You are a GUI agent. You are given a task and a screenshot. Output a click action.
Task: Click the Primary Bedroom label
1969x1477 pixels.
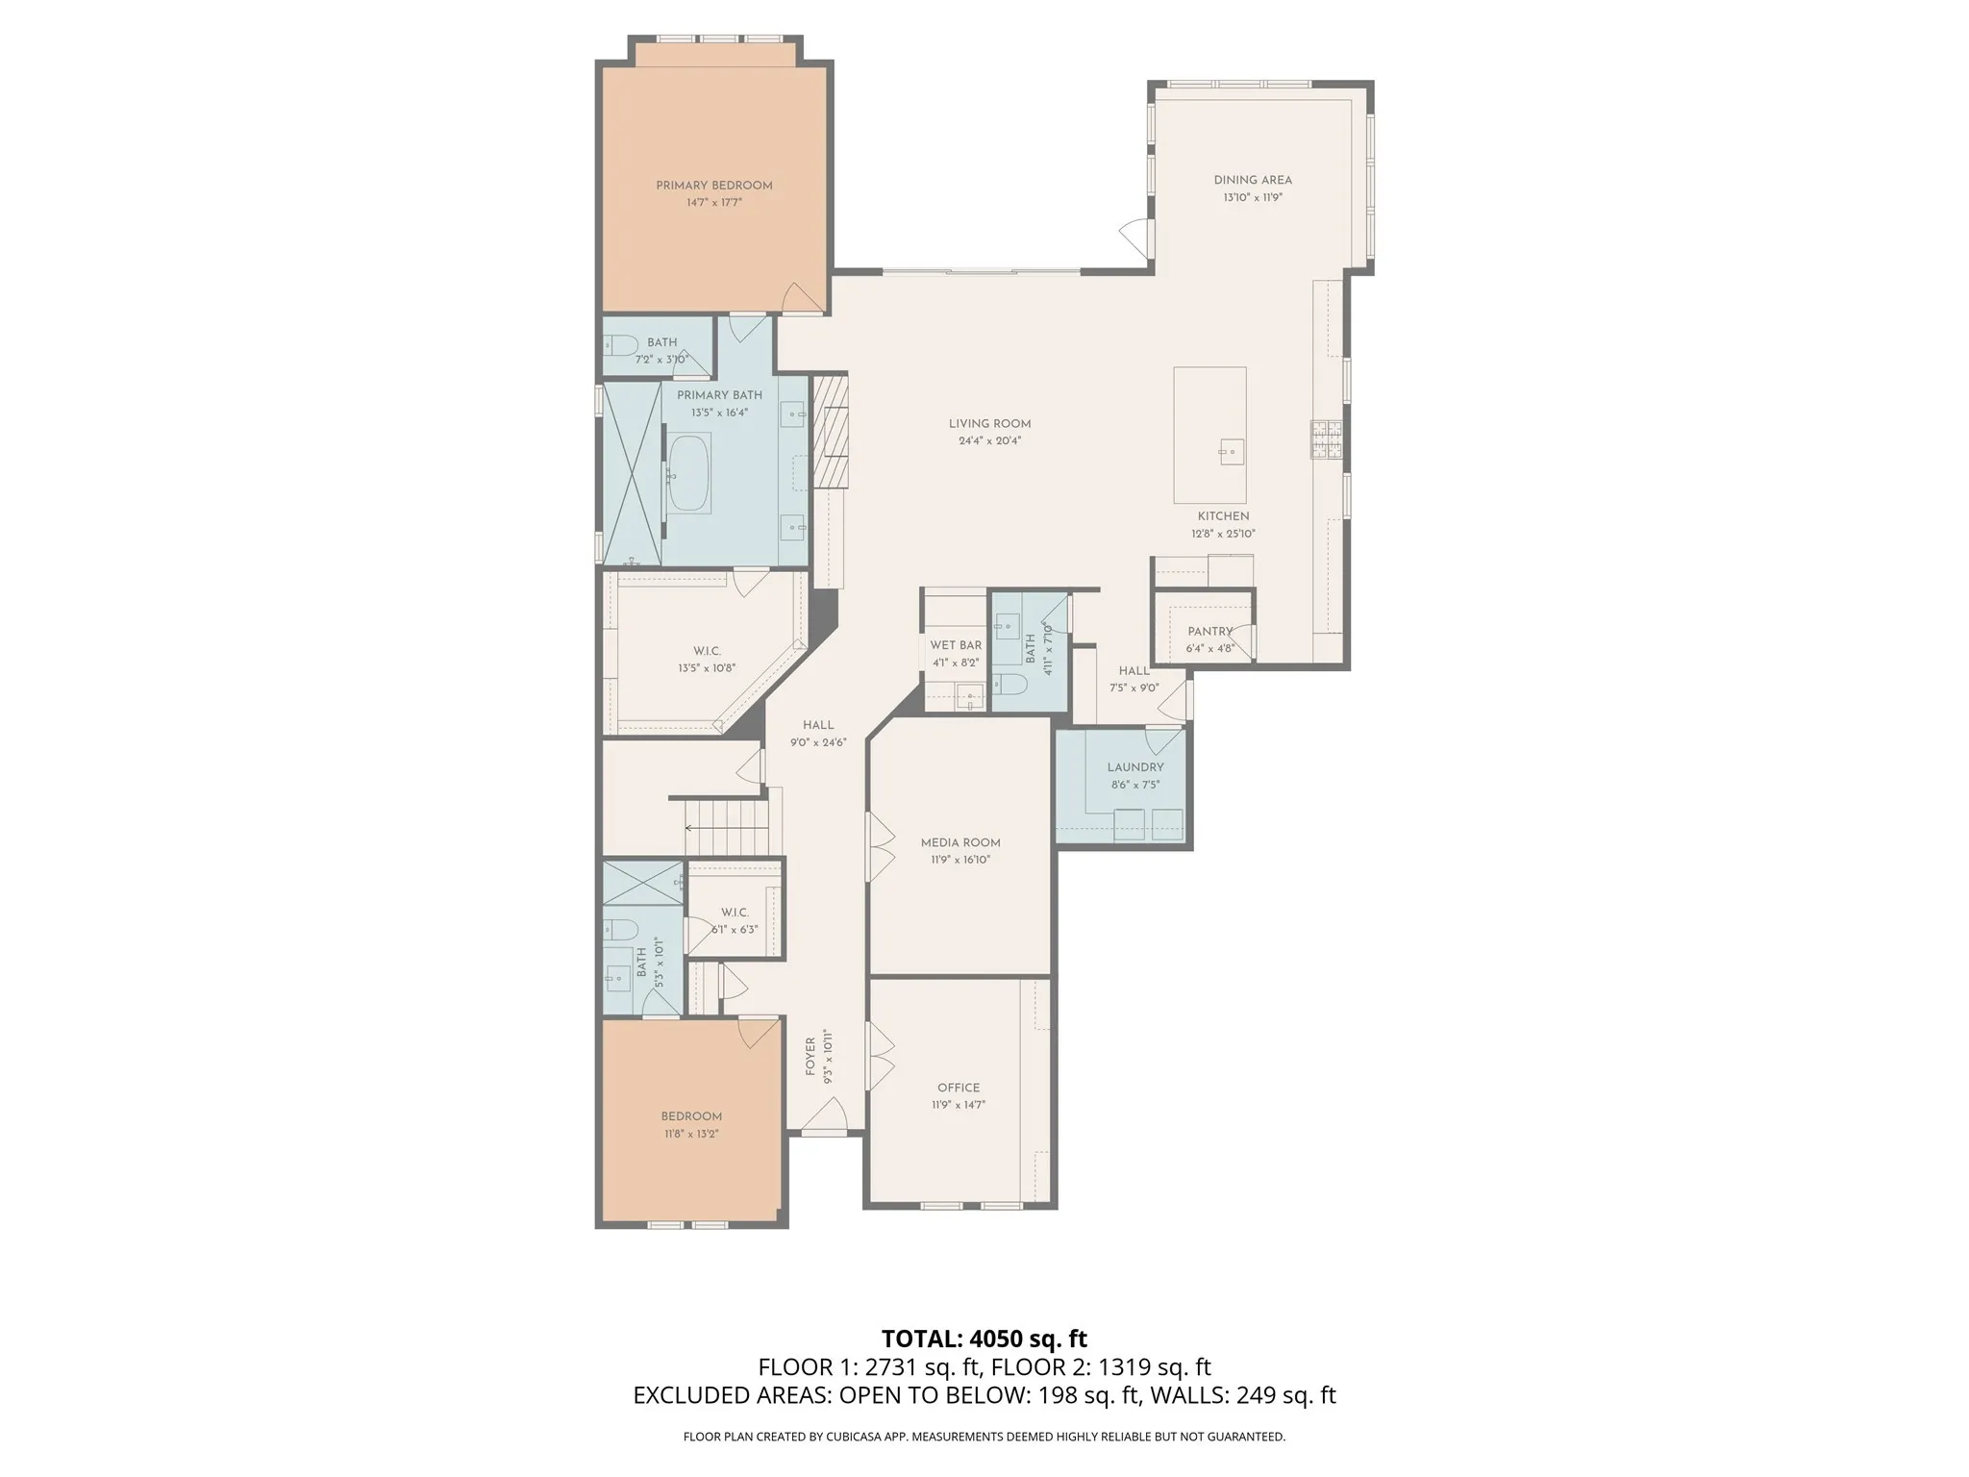click(713, 186)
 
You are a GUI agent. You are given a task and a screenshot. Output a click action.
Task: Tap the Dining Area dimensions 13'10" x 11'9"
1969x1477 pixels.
click(1253, 198)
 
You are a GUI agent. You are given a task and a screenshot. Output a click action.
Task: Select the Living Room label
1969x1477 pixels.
click(989, 424)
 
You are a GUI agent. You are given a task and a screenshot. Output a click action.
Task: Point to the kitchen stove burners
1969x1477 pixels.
click(1327, 441)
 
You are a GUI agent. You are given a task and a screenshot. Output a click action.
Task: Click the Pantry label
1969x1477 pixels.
click(1209, 632)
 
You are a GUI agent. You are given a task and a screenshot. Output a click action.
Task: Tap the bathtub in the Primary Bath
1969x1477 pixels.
click(688, 473)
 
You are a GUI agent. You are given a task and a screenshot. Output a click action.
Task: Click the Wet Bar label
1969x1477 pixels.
click(956, 645)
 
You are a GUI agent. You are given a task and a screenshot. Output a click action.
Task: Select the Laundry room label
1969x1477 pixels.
click(1134, 767)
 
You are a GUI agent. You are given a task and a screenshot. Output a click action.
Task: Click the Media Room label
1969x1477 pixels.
click(960, 842)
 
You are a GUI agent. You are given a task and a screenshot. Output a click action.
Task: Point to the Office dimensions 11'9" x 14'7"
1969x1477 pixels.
click(958, 1106)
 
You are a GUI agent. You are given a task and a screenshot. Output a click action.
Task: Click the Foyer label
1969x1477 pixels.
click(810, 1056)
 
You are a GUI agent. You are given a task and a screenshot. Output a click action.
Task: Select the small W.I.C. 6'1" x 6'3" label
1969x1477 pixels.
click(735, 912)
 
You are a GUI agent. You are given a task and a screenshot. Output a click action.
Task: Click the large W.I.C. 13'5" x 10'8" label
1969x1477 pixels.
click(707, 651)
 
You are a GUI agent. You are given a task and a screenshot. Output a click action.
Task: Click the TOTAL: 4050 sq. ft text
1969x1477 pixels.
click(984, 1339)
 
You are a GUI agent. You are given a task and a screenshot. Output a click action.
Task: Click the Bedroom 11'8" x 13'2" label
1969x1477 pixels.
click(690, 1116)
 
